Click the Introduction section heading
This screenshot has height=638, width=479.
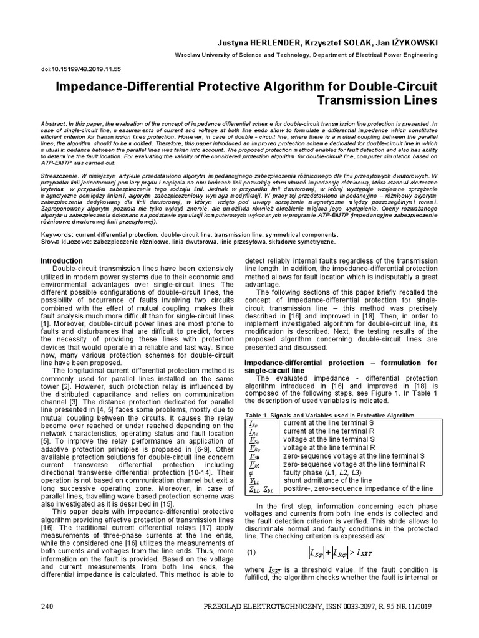coord(61,260)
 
